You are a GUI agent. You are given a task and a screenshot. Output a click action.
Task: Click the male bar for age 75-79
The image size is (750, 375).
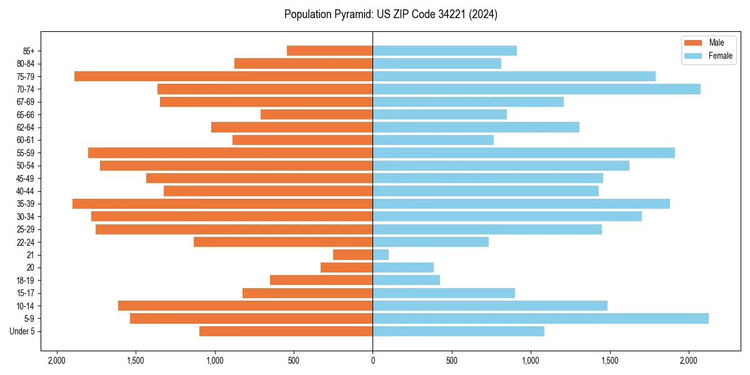[223, 76]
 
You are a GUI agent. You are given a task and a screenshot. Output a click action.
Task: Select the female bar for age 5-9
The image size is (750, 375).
[541, 318]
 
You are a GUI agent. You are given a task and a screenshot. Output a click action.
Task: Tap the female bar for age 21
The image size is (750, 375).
[381, 254]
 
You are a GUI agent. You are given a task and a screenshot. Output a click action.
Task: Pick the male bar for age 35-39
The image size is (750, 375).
[222, 204]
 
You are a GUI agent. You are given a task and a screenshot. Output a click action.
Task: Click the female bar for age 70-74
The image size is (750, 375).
[536, 89]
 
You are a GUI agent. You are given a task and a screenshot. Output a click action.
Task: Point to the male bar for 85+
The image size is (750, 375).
[329, 51]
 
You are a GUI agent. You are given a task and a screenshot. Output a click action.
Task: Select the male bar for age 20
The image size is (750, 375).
[346, 267]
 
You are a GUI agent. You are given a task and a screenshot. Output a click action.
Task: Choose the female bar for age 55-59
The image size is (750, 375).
[524, 152]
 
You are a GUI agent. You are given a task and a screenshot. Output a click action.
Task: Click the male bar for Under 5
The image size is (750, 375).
[286, 331]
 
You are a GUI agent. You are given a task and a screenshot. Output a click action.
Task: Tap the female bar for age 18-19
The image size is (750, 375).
[406, 280]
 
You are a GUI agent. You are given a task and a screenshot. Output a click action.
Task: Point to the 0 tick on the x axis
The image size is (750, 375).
[372, 361]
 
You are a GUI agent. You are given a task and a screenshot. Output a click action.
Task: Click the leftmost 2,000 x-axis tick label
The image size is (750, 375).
[57, 361]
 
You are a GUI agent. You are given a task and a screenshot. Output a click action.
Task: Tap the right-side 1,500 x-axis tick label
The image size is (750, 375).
[609, 361]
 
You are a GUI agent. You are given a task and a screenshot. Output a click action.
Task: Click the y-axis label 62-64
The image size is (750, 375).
[26, 127]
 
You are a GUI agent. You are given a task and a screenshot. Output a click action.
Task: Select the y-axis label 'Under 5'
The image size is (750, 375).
[22, 331]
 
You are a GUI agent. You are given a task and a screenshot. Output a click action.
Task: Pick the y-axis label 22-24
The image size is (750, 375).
[26, 242]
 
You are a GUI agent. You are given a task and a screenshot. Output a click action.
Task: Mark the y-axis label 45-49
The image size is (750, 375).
[26, 178]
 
